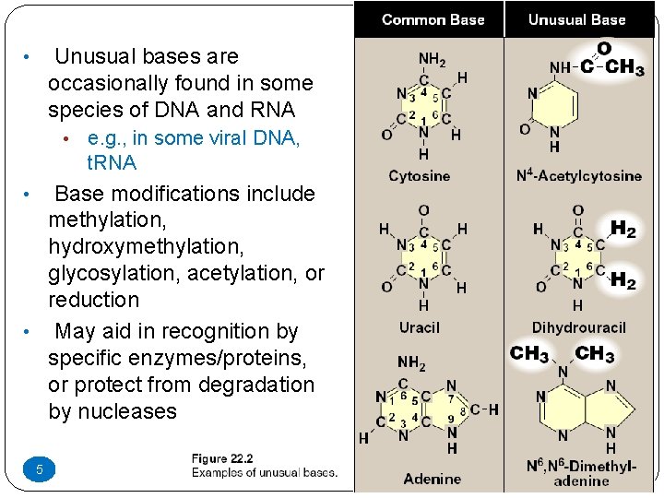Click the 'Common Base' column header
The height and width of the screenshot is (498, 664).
point(433,19)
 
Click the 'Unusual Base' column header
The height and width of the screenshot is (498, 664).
point(576,19)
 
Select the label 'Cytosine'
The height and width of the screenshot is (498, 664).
point(420,175)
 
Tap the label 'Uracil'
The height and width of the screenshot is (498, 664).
point(420,327)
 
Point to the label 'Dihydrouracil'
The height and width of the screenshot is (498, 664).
point(578,327)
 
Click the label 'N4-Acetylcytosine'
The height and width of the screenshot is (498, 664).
point(578,175)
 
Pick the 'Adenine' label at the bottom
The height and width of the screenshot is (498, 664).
point(432,479)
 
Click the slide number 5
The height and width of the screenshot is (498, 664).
point(40,470)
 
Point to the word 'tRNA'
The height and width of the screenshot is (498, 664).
point(112,163)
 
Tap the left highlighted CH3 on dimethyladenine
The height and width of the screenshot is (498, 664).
point(530,353)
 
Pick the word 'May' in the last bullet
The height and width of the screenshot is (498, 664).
point(76,331)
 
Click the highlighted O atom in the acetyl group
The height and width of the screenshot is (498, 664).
point(604,48)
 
